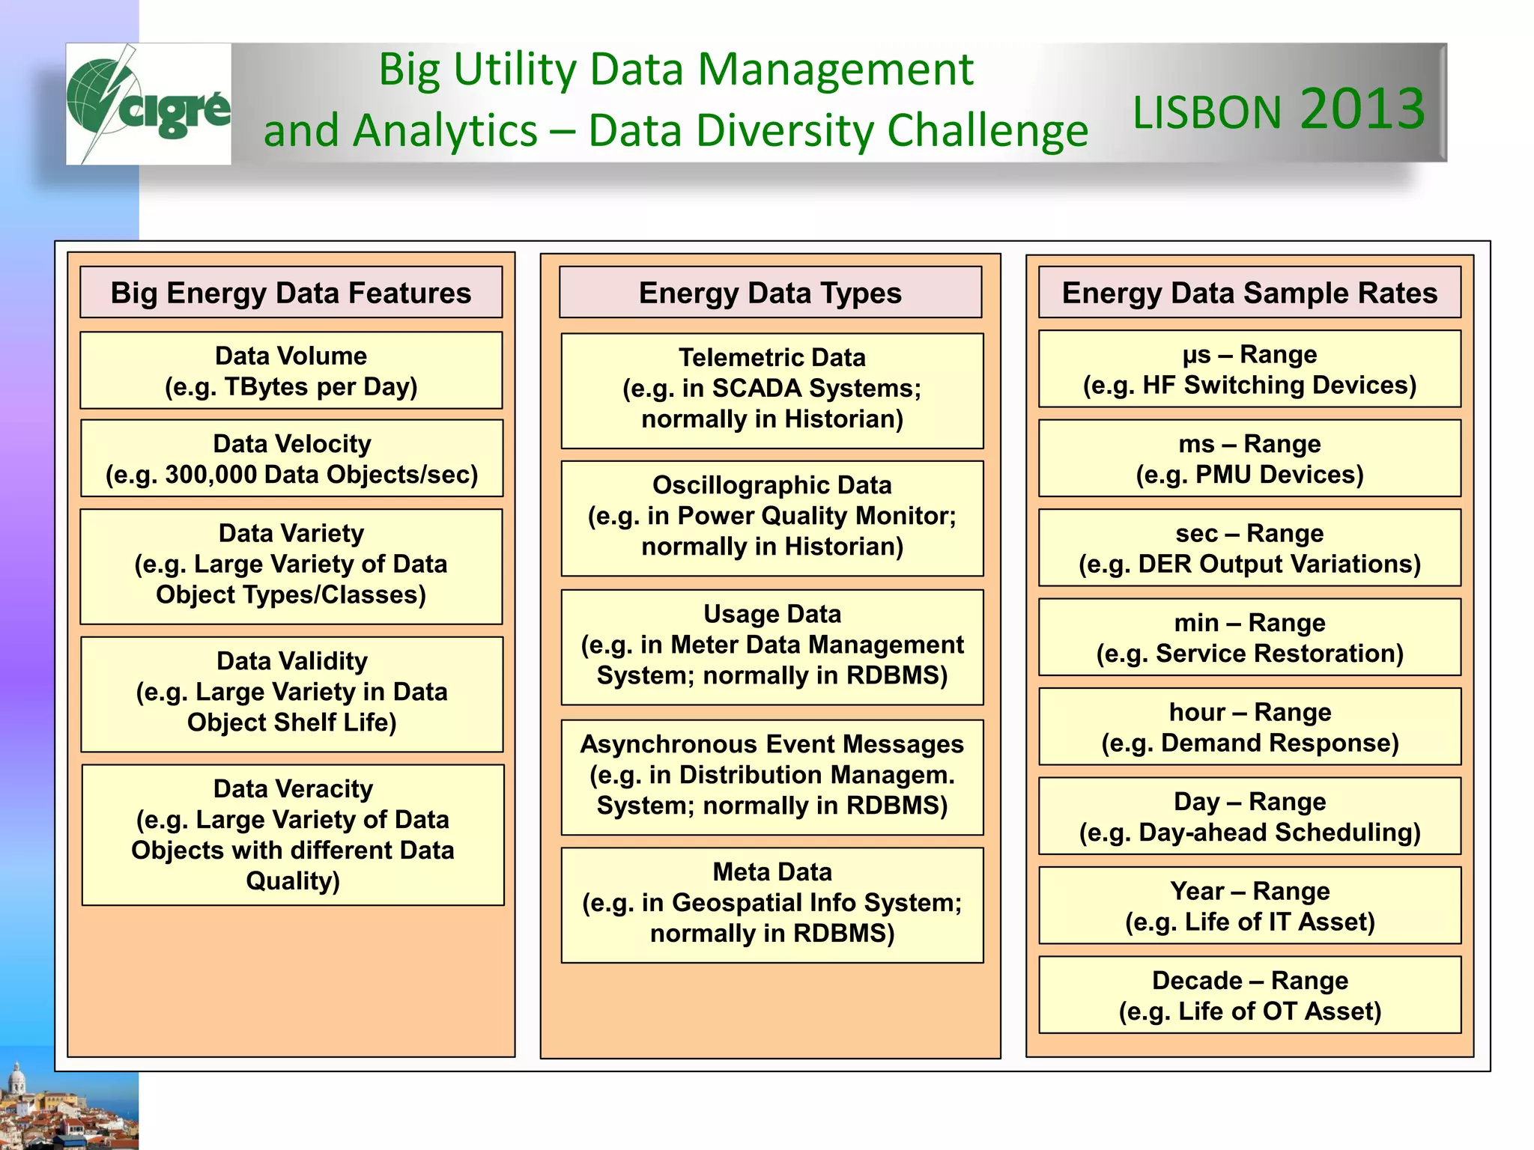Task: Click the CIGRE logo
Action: [x=148, y=103]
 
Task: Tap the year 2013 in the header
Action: [x=1362, y=109]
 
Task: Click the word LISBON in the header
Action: [x=1207, y=113]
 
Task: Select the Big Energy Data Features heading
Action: [x=291, y=293]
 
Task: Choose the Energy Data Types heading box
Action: [x=770, y=293]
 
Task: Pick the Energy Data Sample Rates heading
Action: [x=1249, y=293]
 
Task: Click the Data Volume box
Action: [x=291, y=371]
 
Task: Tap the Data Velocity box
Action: [x=291, y=458]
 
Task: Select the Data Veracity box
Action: [x=292, y=835]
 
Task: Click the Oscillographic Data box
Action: [x=772, y=516]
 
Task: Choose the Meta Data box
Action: [x=772, y=903]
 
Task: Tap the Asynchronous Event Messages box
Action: [x=772, y=775]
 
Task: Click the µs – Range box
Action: [x=1249, y=369]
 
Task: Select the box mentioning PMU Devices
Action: [x=1249, y=458]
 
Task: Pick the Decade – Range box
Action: [x=1249, y=995]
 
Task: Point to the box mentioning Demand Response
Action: [x=1249, y=727]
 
